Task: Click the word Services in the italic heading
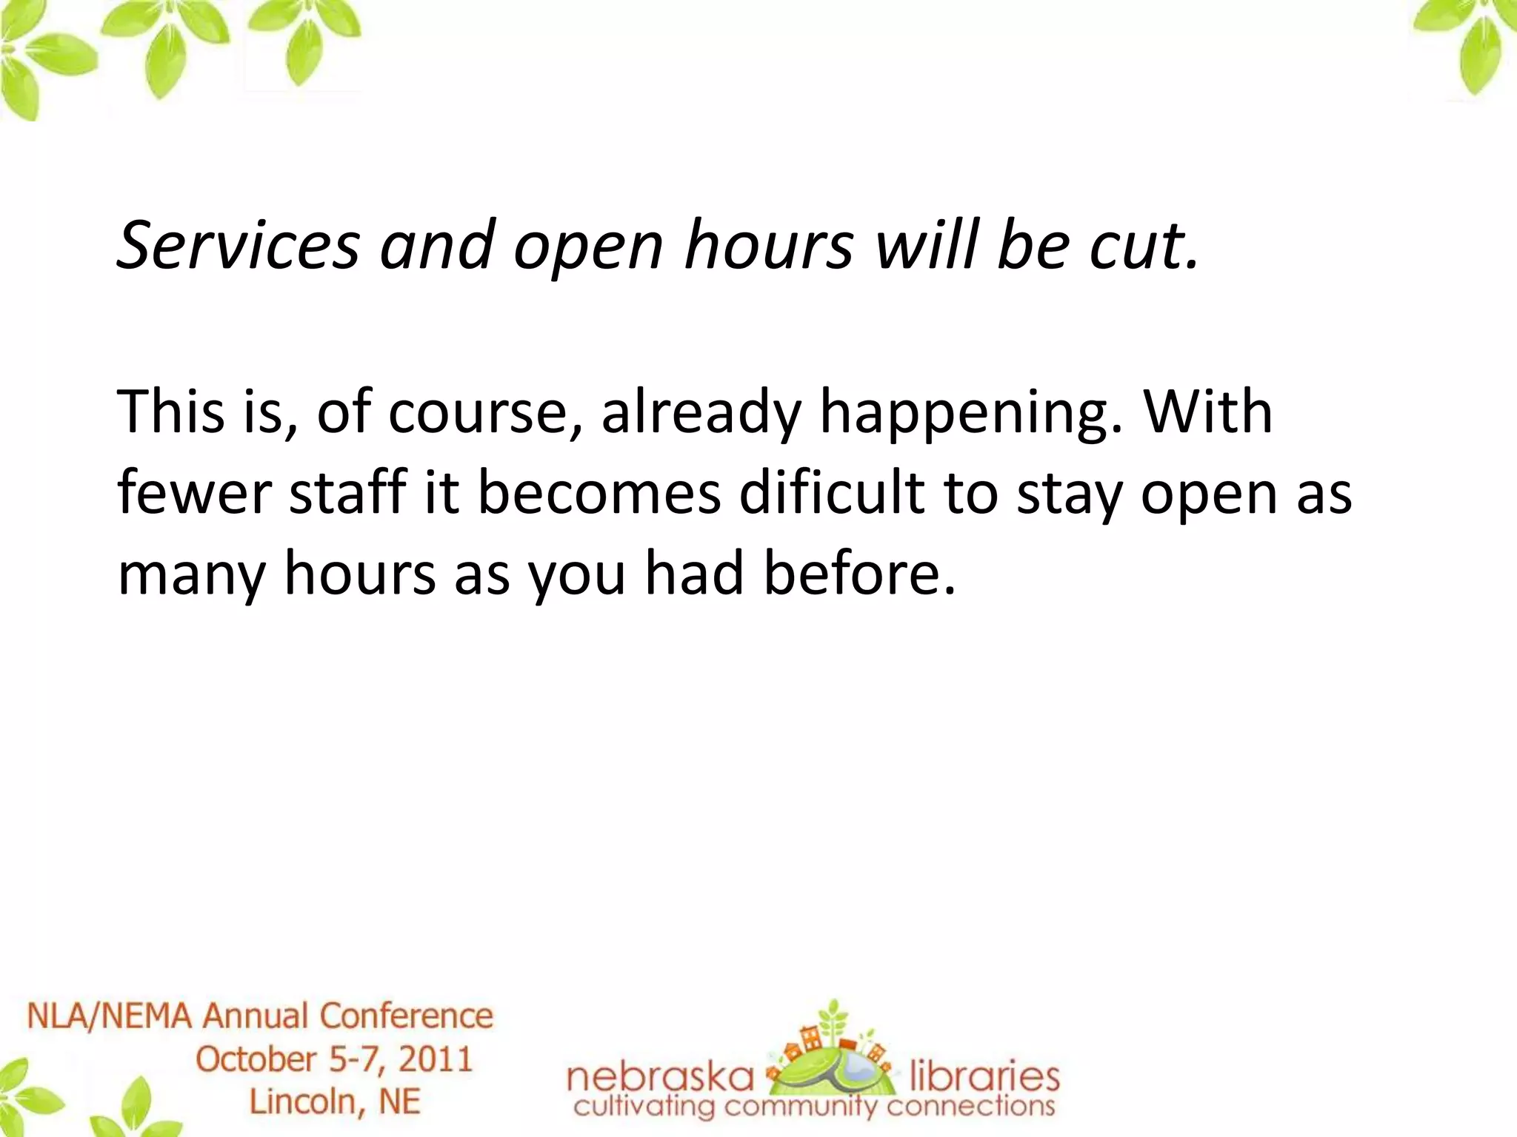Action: (x=239, y=246)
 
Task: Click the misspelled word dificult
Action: (x=832, y=493)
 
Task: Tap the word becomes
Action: (x=599, y=493)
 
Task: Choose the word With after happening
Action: (x=1208, y=412)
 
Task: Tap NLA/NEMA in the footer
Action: (x=110, y=1016)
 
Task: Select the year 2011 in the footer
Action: (x=436, y=1059)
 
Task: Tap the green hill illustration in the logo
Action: (x=833, y=1066)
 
